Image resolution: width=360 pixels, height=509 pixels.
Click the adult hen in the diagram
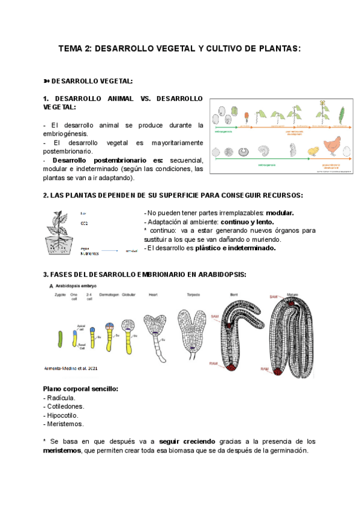(x=334, y=146)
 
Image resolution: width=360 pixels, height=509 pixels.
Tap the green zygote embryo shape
(x=60, y=339)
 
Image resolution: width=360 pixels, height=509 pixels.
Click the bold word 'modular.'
(x=280, y=213)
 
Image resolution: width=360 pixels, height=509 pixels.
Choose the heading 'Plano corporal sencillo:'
(x=81, y=389)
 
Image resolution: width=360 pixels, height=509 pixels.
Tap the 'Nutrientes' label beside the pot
(x=88, y=253)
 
